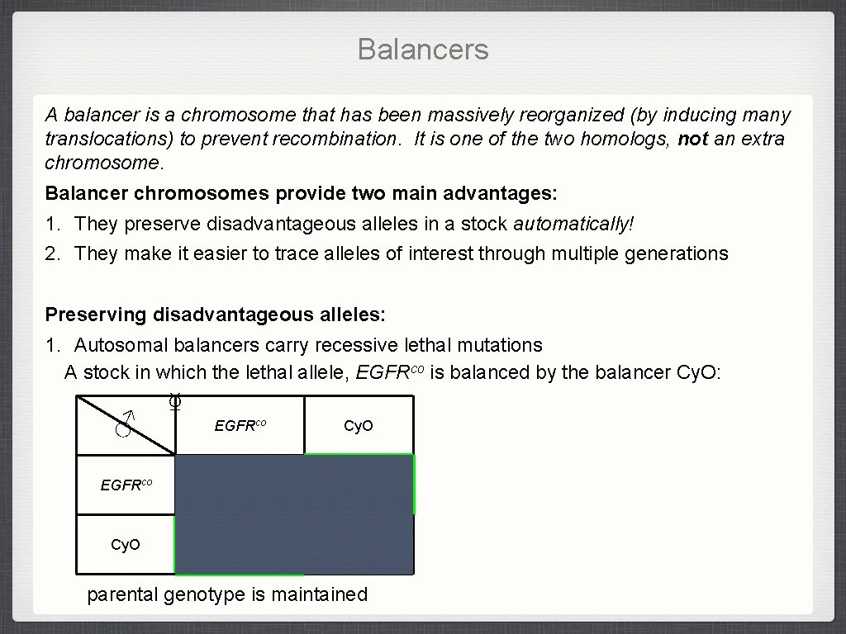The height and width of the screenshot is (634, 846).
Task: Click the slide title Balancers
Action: pos(423,50)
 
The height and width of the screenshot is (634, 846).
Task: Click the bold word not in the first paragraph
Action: pos(692,139)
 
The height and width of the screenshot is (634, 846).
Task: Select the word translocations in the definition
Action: pos(108,139)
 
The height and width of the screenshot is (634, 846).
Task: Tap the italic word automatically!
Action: pos(573,224)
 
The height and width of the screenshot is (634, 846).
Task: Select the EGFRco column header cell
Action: pos(240,426)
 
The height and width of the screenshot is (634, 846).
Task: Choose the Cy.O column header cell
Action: pos(359,426)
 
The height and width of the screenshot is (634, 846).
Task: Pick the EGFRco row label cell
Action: pos(126,485)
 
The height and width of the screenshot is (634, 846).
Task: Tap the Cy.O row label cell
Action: pos(126,545)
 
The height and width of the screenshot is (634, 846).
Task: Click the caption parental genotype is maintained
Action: pos(227,594)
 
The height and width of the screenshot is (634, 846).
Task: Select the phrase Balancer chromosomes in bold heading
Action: pos(157,193)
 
